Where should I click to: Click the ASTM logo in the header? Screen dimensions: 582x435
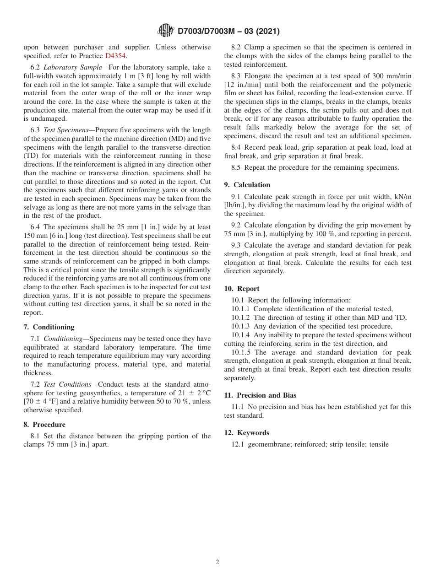[x=165, y=31]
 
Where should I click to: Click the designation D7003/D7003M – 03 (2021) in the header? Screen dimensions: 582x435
[x=228, y=31]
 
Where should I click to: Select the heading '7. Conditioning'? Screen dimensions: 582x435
[x=49, y=327]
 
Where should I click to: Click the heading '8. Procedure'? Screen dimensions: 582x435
[x=44, y=425]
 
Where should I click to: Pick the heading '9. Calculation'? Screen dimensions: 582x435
[x=247, y=185]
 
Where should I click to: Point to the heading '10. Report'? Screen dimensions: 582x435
[x=242, y=289]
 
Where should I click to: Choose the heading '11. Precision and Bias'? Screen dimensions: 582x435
[x=260, y=395]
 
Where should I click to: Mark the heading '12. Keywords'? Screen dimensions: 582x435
[x=247, y=433]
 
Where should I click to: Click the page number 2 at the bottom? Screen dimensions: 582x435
[x=217, y=562]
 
